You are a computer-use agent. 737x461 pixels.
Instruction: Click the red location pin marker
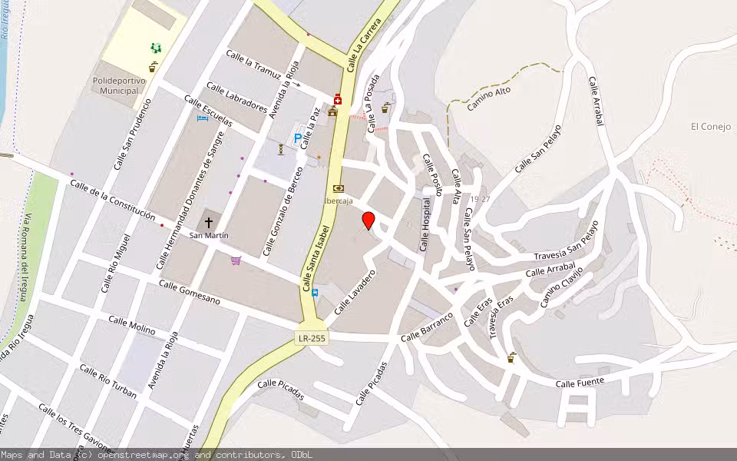[368, 221]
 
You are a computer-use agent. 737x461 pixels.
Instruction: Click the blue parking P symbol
[298, 138]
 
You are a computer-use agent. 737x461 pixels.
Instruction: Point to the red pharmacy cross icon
[337, 99]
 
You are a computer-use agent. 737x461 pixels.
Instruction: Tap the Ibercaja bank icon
[339, 188]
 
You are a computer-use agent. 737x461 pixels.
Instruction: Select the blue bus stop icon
[315, 292]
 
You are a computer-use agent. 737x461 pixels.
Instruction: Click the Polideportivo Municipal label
[118, 85]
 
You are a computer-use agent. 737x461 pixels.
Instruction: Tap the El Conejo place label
[710, 127]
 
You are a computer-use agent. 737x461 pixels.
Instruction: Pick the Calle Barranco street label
[427, 327]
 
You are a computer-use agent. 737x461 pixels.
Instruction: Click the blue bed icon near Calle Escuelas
[203, 118]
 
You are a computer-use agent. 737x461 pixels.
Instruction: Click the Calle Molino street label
[131, 326]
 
